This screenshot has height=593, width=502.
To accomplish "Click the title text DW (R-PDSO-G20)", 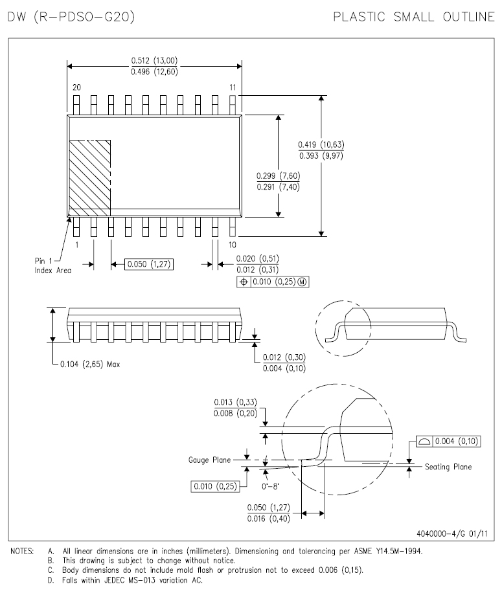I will pyautogui.click(x=71, y=17).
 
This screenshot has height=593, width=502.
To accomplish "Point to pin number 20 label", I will pyautogui.click(x=76, y=87).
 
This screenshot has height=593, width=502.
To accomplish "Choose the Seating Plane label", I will pyautogui.click(x=448, y=467).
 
